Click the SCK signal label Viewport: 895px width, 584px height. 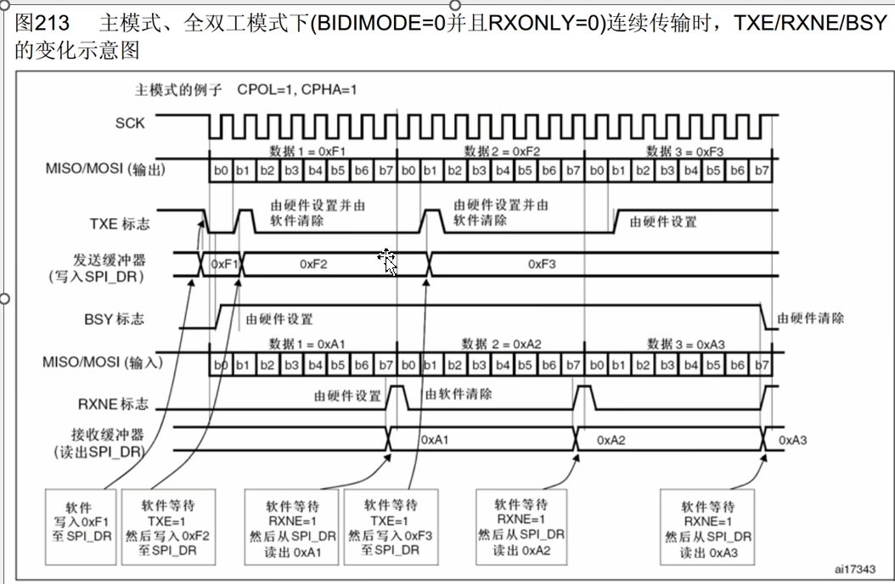click(x=130, y=124)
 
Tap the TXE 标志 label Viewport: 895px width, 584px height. click(x=120, y=224)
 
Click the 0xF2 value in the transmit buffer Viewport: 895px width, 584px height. click(x=313, y=264)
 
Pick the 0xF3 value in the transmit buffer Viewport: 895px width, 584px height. click(x=542, y=264)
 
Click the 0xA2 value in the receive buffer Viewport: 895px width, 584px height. click(x=611, y=441)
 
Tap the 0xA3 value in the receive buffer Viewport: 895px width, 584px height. click(x=793, y=441)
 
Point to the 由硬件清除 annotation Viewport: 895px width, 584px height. click(x=813, y=319)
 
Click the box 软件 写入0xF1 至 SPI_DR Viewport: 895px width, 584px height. click(x=82, y=523)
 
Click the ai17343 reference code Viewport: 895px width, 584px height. click(x=853, y=569)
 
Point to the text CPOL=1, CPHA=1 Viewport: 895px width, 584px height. click(x=297, y=89)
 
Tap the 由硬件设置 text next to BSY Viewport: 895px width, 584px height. click(x=279, y=319)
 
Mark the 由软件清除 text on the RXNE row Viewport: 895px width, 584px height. click(x=459, y=395)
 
